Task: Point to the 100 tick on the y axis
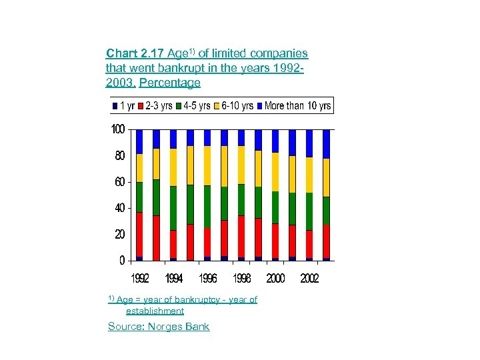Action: (117, 129)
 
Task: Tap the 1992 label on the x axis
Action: (139, 278)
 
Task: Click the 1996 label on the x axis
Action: (207, 278)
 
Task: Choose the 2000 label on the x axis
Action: (275, 278)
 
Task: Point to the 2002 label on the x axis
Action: (309, 278)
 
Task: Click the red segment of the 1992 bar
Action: (139, 234)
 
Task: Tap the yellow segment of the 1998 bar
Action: (241, 165)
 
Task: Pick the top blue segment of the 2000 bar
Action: (275, 141)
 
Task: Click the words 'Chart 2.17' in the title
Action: (135, 53)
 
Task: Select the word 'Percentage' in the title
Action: (169, 83)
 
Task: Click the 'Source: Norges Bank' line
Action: (159, 327)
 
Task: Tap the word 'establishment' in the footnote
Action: (155, 311)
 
